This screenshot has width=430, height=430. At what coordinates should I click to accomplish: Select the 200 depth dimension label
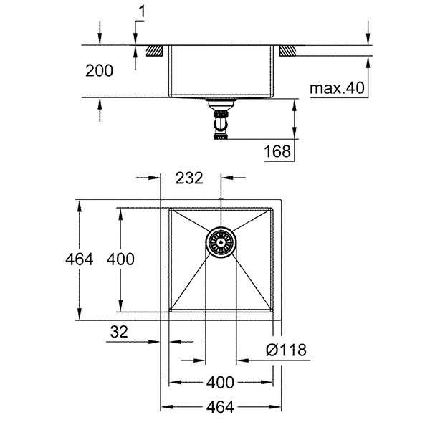[99, 70]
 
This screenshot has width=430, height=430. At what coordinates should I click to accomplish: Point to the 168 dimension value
[277, 150]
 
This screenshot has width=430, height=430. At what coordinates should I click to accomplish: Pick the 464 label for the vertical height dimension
[78, 259]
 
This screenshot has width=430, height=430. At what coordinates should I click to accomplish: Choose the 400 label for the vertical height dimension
[120, 259]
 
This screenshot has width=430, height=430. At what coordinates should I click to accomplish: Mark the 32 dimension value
[121, 333]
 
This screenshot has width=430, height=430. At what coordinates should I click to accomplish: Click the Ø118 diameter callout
[285, 350]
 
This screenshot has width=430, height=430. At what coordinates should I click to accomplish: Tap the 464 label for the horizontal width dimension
[221, 407]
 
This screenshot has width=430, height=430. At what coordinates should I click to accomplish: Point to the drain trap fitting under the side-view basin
[221, 122]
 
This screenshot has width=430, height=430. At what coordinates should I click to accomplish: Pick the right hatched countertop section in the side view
[287, 52]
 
